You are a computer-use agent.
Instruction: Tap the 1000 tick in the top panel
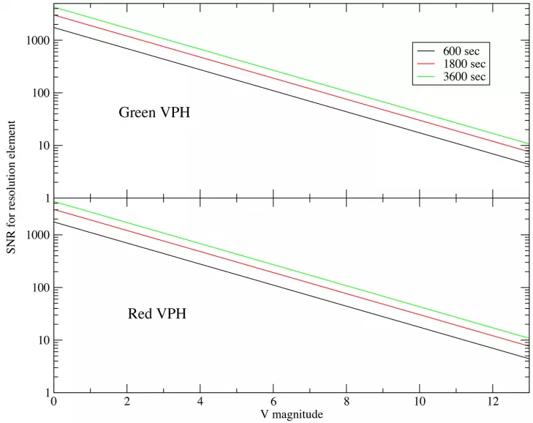36,40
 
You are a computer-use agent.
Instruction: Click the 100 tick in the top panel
39,93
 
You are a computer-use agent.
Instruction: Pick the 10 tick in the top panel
42,146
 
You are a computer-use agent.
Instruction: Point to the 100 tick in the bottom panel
39,288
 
